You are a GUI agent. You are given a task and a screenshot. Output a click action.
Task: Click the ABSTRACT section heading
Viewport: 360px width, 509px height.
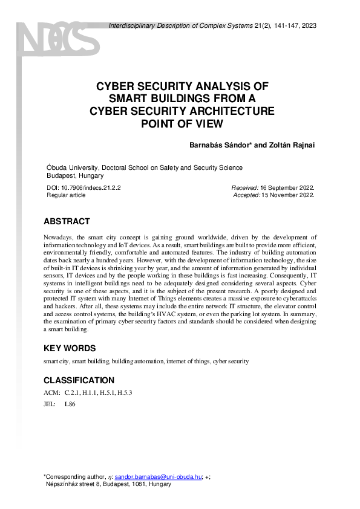click(67, 221)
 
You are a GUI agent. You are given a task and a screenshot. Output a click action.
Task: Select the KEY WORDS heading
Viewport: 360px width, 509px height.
click(70, 349)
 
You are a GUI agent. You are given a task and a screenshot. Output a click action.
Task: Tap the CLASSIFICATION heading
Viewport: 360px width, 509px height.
click(79, 381)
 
